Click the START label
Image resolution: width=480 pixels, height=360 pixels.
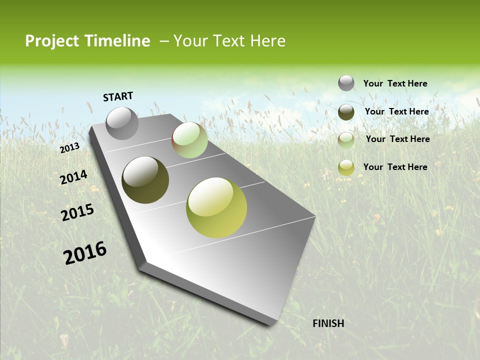[118, 96]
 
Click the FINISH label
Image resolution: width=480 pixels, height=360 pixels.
[328, 323]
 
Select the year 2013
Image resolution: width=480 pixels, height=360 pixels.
[70, 147]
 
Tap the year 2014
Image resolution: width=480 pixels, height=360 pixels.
[73, 177]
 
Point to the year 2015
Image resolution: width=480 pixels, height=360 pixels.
[77, 212]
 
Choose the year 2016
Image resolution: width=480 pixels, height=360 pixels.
[85, 252]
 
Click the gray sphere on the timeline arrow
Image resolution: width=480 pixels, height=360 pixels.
[122, 123]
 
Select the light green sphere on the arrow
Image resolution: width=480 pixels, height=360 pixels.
[189, 140]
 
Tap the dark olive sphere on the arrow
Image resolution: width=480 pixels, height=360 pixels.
[145, 180]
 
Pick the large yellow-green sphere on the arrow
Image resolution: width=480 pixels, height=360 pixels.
[216, 207]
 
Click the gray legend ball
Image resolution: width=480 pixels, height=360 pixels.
[346, 83]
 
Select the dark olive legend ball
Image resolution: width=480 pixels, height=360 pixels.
[346, 112]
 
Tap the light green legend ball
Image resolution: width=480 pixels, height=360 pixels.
[346, 140]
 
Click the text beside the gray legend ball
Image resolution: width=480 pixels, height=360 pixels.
[395, 84]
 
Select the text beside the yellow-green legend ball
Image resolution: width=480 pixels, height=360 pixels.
[395, 167]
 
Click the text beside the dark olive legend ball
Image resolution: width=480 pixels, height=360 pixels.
[396, 111]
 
